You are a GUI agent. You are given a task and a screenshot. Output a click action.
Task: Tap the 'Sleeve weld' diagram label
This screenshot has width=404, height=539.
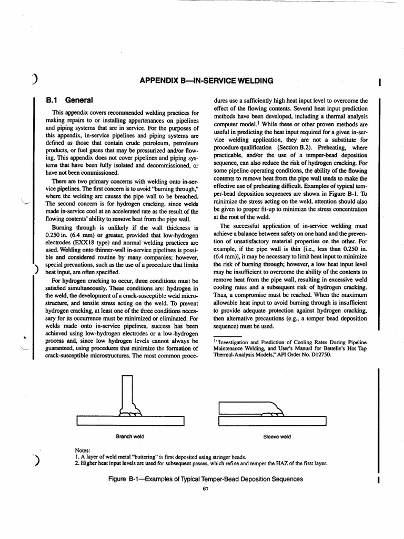click(x=277, y=437)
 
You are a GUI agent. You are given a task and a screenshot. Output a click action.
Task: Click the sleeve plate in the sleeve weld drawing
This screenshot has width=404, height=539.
click(x=242, y=407)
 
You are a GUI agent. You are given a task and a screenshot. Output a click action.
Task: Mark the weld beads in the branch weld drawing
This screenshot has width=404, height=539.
click(x=131, y=412)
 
